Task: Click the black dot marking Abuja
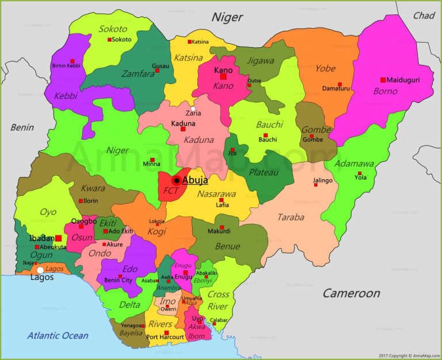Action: pos(177,181)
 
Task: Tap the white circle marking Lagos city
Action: pos(40,270)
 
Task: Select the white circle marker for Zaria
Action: pos(193,108)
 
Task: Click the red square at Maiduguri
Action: pos(383,80)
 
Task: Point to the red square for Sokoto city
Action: pos(109,40)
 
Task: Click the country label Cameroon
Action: pos(351,293)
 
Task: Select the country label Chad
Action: pos(424,16)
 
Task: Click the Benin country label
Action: pos(22,127)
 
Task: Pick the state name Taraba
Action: pos(291,217)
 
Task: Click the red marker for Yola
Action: pos(360,173)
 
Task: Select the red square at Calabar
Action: pos(214,324)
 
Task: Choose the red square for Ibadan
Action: pos(58,238)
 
